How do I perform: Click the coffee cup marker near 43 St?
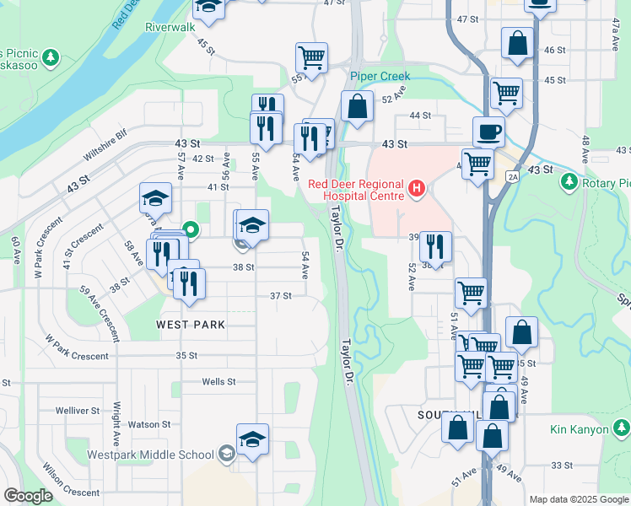click(x=489, y=132)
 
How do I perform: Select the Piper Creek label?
click(x=380, y=76)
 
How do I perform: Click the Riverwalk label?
click(x=170, y=27)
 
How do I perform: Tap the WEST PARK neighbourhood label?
click(x=190, y=324)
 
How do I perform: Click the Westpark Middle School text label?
click(x=152, y=455)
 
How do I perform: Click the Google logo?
click(x=28, y=496)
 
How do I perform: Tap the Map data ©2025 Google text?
click(x=578, y=499)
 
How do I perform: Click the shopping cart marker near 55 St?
click(x=311, y=59)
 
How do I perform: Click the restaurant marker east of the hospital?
click(x=435, y=246)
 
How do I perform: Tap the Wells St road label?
click(x=218, y=382)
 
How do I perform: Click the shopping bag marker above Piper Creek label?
click(x=357, y=106)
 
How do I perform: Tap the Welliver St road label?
click(x=78, y=411)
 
